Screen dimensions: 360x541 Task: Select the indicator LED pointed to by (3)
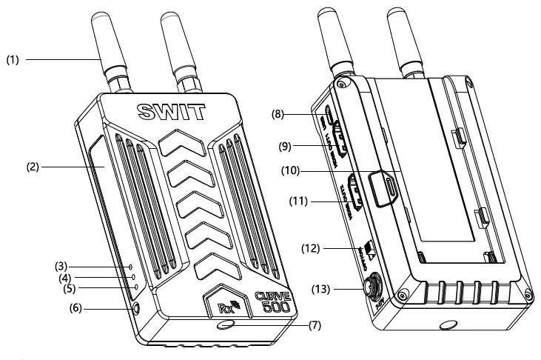pos(131,264)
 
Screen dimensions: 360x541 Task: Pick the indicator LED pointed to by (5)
pos(135,287)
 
